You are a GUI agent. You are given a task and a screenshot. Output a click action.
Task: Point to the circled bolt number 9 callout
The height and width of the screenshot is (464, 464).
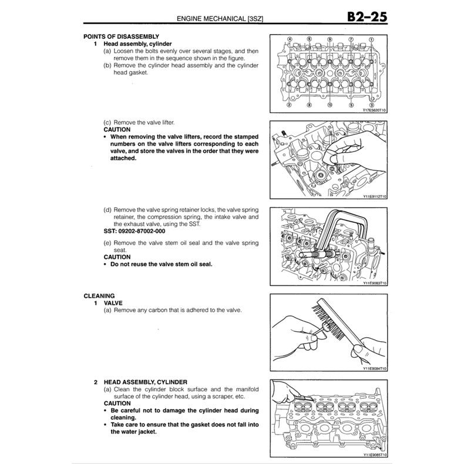point(329,40)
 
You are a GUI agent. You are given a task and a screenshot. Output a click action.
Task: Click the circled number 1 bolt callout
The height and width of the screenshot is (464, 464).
point(371,40)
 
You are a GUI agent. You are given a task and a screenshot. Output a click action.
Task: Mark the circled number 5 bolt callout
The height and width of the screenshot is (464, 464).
point(351,105)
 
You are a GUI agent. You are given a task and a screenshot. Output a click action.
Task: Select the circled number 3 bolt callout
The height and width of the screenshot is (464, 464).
point(371,105)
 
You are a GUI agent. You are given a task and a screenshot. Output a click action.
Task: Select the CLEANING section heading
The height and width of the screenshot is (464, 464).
point(99,295)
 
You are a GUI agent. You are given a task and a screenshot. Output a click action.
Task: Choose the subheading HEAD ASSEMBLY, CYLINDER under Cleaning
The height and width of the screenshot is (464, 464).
point(145,382)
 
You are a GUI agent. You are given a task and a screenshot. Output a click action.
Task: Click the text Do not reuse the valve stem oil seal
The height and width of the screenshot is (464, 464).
point(161,264)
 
